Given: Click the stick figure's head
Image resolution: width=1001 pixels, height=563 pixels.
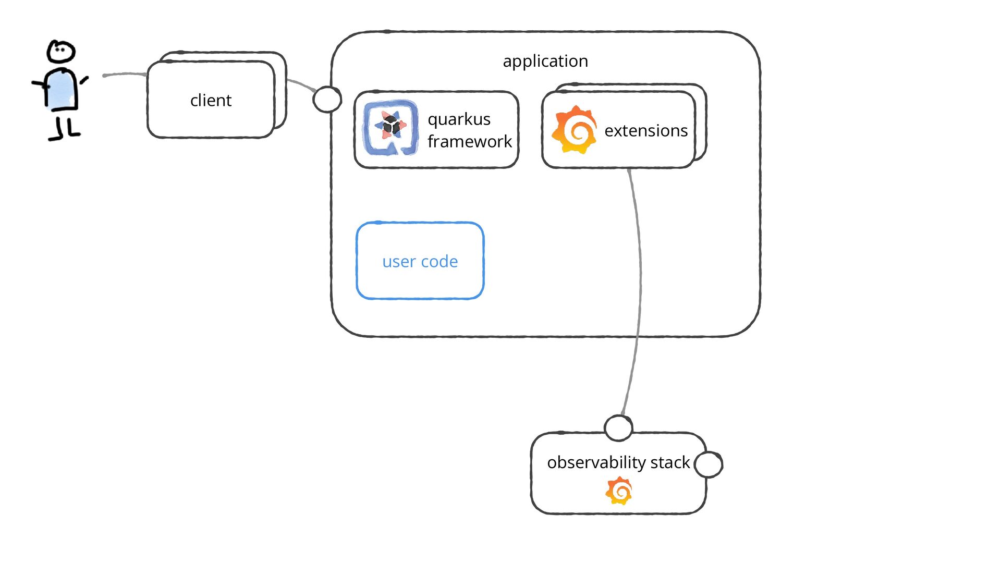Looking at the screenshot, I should coord(61,52).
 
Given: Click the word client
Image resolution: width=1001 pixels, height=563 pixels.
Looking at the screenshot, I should coord(211,100).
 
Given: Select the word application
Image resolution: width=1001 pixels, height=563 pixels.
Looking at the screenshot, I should coord(545,61).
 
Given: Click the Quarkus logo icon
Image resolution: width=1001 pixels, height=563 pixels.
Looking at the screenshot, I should coord(390,128).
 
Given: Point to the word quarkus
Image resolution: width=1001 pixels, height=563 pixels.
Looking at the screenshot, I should coord(459,119).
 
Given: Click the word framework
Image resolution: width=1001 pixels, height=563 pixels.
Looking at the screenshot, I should coord(469,141).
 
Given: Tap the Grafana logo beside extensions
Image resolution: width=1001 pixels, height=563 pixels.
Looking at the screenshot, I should coord(575,130).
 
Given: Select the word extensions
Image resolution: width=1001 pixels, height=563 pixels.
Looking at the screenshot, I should coord(646,130).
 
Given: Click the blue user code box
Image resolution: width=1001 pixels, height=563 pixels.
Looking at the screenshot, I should coord(420,261).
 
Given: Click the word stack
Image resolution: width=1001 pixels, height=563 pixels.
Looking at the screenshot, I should coord(670,462).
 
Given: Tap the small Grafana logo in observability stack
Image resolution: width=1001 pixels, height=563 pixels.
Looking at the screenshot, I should coord(619,491).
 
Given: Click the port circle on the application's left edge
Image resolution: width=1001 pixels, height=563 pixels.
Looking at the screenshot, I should coord(327,99).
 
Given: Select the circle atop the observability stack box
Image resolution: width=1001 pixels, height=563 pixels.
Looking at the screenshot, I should coord(618,427).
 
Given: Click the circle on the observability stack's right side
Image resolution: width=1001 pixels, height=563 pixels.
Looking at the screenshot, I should coord(709,464).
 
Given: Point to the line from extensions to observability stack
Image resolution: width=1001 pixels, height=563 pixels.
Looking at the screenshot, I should coord(639,271).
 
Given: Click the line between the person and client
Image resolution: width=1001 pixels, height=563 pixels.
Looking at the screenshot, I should coord(125,74).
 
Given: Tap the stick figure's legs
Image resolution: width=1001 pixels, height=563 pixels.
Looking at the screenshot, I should coord(64,128).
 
